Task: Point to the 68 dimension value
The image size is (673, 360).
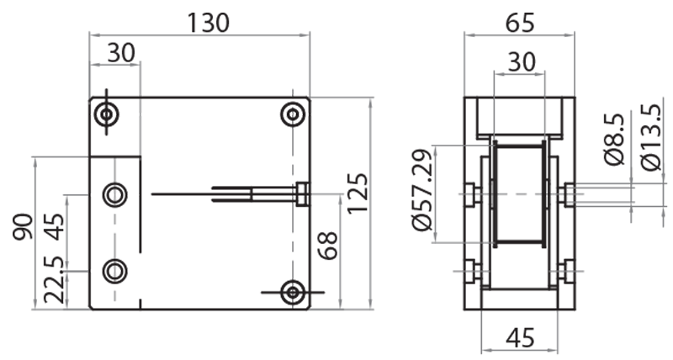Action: pyautogui.click(x=327, y=246)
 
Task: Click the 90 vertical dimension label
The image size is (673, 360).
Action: pyautogui.click(x=24, y=227)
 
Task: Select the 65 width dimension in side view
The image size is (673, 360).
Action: pyautogui.click(x=519, y=23)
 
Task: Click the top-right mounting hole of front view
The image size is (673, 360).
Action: pyautogui.click(x=292, y=114)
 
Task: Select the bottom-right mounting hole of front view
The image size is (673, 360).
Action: pyautogui.click(x=292, y=292)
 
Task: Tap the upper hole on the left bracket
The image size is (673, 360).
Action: pyautogui.click(x=114, y=195)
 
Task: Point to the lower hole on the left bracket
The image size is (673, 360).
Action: pyautogui.click(x=114, y=271)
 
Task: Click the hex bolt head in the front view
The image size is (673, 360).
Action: pyautogui.click(x=302, y=194)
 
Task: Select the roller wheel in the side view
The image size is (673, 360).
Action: pyautogui.click(x=519, y=195)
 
